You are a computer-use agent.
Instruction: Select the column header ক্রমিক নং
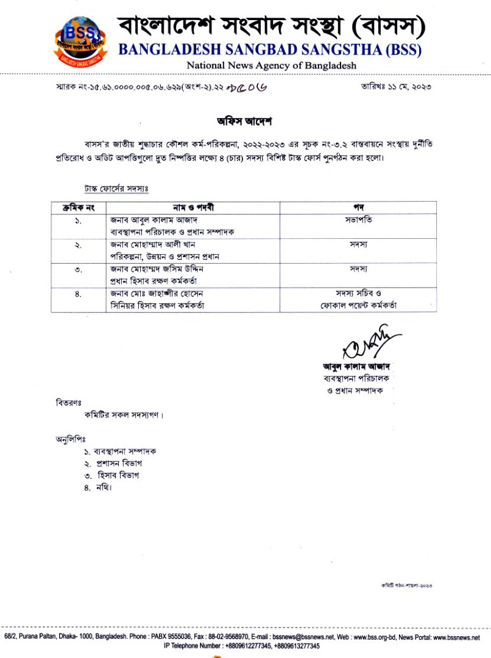tap(77, 208)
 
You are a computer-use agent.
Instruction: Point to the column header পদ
tap(358, 208)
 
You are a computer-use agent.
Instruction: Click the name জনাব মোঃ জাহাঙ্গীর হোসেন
tap(156, 293)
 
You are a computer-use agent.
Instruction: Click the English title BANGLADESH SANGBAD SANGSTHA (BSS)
tap(269, 50)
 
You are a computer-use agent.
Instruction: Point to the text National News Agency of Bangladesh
tap(271, 65)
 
